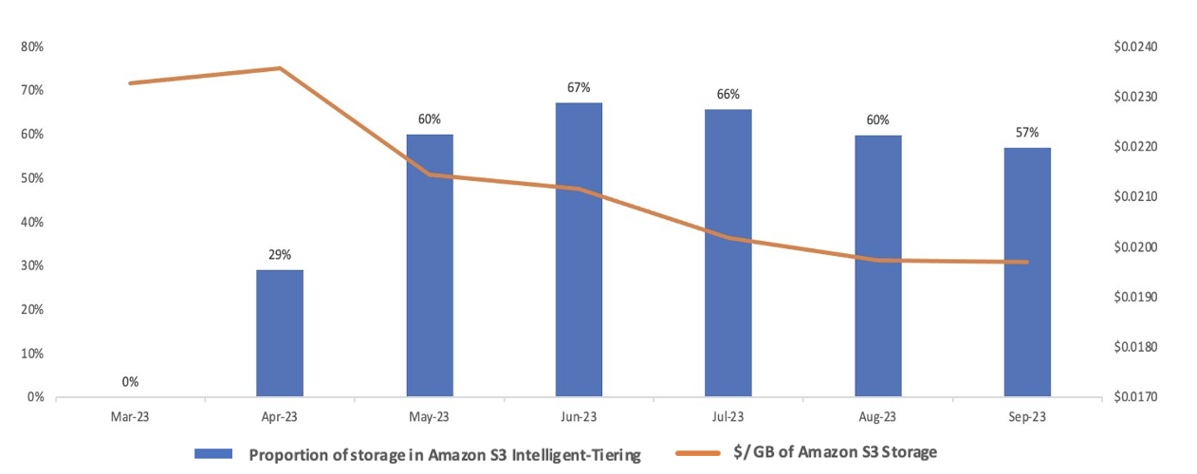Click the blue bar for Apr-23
pos(280,333)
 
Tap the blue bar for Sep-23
pos(1027,272)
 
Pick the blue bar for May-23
pos(430,265)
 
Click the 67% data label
pos(579,87)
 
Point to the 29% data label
pos(280,254)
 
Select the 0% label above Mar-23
pos(130,382)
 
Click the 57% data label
pos(1027,132)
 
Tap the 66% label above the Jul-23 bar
pos(728,94)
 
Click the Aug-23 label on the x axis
pos(877,416)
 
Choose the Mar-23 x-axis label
pos(130,416)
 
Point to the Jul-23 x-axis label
pos(728,416)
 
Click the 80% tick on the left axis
pos(32,46)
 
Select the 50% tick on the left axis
pos(32,178)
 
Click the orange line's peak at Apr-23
pos(280,68)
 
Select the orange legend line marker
pos(701,453)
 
